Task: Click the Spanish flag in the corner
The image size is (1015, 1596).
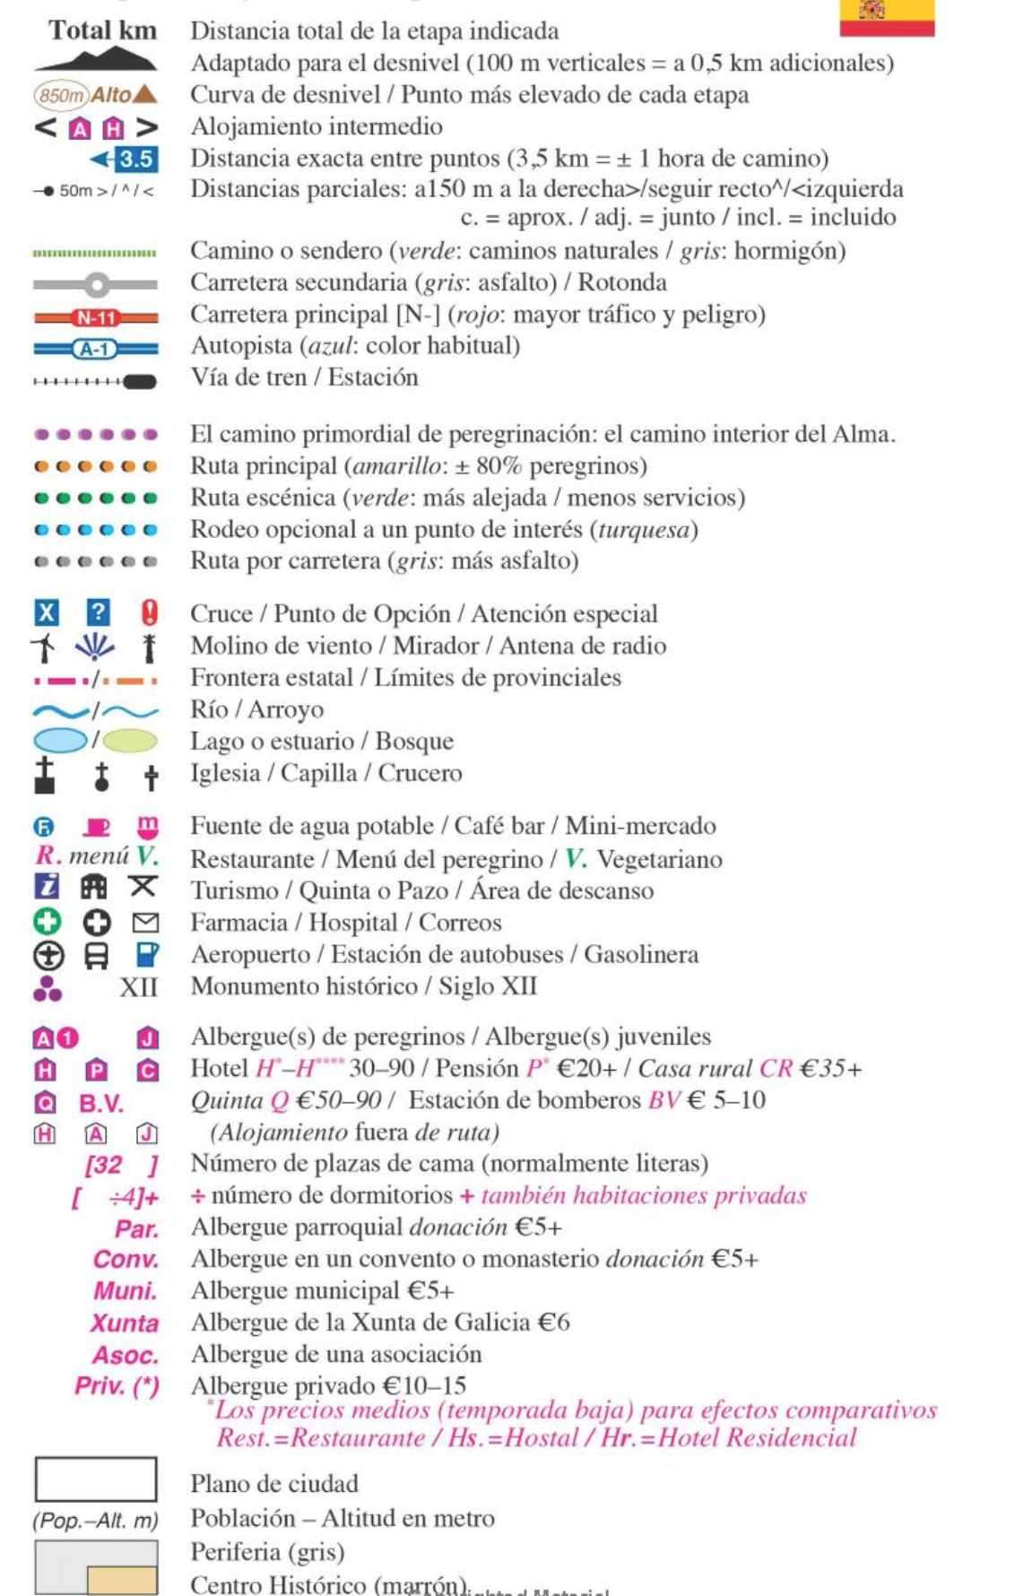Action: tap(886, 16)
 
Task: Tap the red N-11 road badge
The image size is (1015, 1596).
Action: tap(96, 317)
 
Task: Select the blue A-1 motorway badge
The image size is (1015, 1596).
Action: tap(95, 349)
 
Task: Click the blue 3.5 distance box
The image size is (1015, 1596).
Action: tap(135, 160)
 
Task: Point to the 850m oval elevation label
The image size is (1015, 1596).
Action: tap(61, 95)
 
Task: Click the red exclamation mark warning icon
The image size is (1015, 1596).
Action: tap(149, 612)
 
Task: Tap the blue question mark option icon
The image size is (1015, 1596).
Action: tap(98, 612)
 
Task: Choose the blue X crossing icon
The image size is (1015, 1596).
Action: tap(46, 613)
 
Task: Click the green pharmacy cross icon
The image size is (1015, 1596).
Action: tap(47, 922)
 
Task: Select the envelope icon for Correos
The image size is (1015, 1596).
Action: tap(145, 923)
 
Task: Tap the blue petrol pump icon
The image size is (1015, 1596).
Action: tap(147, 954)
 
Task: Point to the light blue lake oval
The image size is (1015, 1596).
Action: tap(60, 741)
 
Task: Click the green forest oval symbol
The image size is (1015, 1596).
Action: tap(130, 741)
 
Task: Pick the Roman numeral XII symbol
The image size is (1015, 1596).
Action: tap(139, 987)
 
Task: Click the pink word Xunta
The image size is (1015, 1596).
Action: tap(125, 1323)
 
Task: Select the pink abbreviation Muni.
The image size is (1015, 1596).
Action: tap(126, 1291)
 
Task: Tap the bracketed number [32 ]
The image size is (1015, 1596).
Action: tap(121, 1165)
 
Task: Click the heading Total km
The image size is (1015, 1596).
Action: tap(102, 30)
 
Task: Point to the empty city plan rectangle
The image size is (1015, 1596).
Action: tap(96, 1479)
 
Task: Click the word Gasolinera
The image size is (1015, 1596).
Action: tap(641, 954)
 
